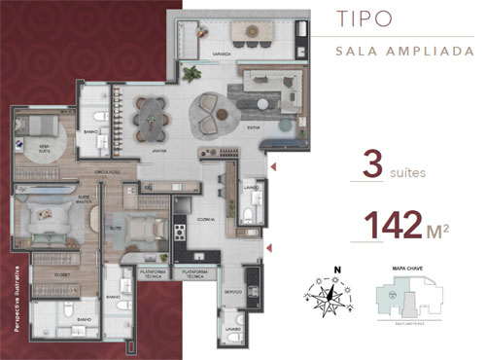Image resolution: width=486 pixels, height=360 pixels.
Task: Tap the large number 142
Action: click(393, 225)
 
